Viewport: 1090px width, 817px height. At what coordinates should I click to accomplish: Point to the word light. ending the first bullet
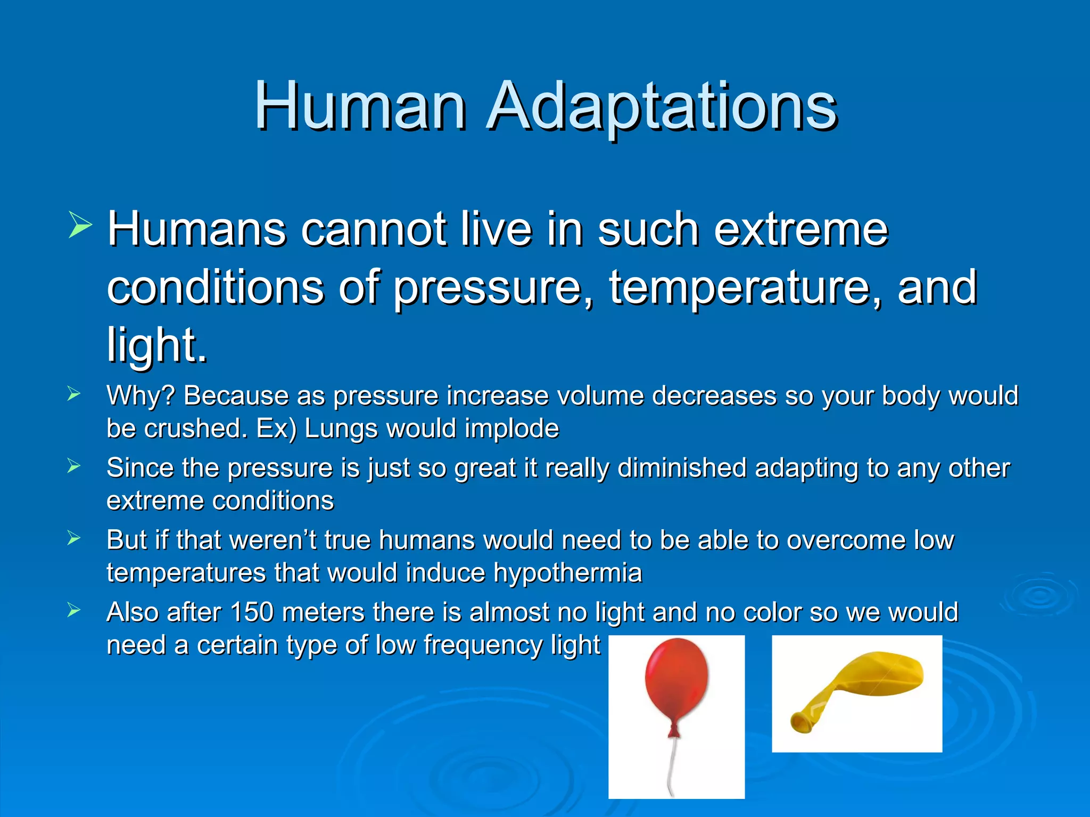(x=157, y=345)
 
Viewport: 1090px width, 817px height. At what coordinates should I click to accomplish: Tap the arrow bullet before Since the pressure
(x=74, y=466)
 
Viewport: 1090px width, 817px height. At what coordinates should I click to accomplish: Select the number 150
(x=252, y=612)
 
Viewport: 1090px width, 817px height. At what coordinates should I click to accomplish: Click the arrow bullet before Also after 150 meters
(x=74, y=611)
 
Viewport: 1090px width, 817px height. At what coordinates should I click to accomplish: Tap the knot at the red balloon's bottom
(x=674, y=731)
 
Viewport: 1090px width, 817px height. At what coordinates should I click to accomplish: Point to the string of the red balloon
(x=672, y=766)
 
